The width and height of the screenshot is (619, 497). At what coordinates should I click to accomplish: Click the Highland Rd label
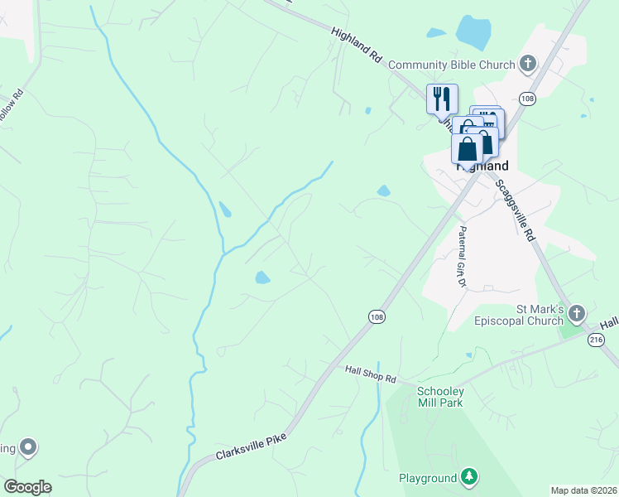pos(357,46)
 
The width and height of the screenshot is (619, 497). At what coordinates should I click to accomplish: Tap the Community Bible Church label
pos(452,65)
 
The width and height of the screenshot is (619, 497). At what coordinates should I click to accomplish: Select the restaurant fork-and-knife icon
pos(442,99)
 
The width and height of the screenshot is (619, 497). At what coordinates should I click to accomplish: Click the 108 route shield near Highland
pos(527,99)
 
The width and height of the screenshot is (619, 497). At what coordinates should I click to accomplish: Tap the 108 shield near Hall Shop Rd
pos(377,317)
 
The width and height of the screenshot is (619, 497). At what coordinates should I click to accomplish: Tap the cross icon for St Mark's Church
pos(577,313)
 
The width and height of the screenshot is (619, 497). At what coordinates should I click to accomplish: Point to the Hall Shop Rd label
pos(371,374)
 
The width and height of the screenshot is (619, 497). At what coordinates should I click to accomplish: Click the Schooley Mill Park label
pos(439,397)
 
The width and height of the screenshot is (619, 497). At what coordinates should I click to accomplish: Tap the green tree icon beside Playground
pos(470,476)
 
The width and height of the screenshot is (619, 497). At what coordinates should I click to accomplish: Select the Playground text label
pos(427,478)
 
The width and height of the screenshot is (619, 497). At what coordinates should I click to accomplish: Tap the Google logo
pos(27,487)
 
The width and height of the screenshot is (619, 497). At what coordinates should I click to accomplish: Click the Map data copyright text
pos(583,490)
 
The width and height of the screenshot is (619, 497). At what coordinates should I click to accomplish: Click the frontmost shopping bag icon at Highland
pos(467,149)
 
